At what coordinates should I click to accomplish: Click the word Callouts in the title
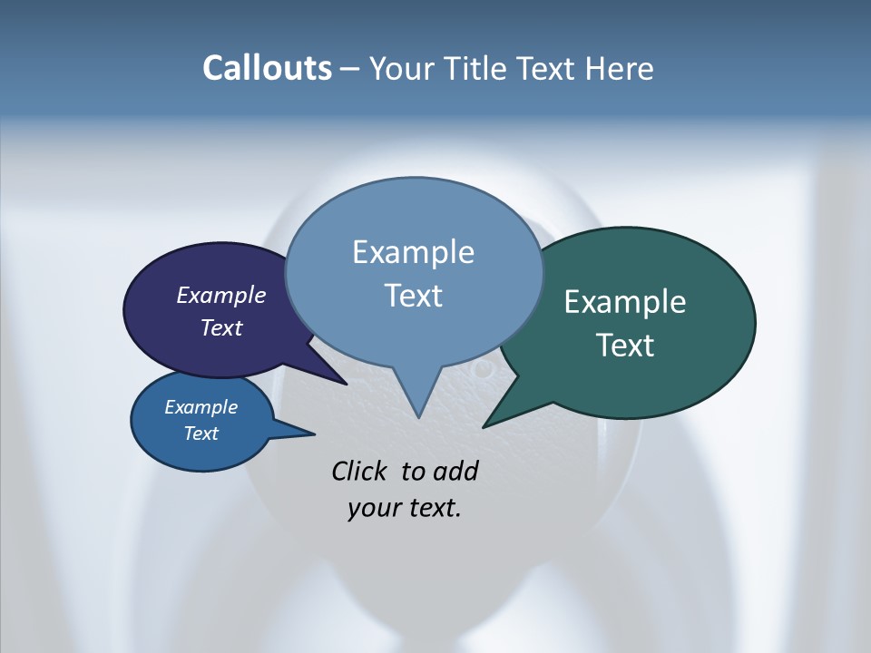(267, 68)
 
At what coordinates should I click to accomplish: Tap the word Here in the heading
(619, 68)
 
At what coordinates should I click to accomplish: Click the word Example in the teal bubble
(625, 302)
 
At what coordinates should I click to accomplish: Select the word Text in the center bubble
(414, 296)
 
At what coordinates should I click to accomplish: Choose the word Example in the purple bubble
(221, 295)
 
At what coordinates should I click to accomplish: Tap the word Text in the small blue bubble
(201, 434)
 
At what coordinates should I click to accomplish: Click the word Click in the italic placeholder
(361, 471)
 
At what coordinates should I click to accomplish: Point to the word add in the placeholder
(455, 471)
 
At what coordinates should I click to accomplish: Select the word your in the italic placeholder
(374, 508)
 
